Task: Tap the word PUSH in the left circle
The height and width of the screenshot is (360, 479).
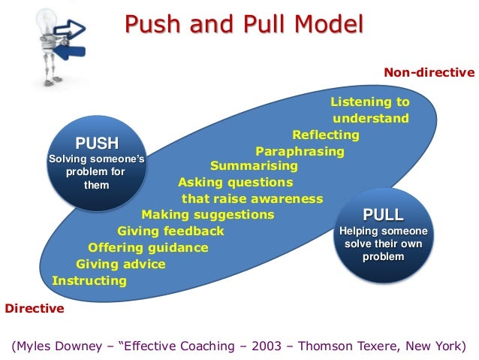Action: click(x=96, y=143)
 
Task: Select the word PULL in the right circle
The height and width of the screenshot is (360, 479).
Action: click(x=383, y=214)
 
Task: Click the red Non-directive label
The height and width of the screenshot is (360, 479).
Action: click(x=429, y=72)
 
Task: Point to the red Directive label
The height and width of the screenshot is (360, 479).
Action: click(x=35, y=308)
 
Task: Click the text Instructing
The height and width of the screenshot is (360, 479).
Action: click(x=89, y=281)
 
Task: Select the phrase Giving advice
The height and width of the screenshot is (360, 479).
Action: click(x=121, y=264)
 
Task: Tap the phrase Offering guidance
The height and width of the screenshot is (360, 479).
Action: click(x=148, y=247)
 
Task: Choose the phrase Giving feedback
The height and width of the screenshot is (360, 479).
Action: click(x=170, y=231)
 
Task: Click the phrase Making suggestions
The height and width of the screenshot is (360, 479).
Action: click(x=208, y=214)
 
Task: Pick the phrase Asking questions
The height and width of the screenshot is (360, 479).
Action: click(x=235, y=182)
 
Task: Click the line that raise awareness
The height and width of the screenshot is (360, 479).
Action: click(x=252, y=198)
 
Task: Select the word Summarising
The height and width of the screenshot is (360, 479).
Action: click(x=254, y=165)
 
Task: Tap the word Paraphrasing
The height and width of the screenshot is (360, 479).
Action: click(x=300, y=151)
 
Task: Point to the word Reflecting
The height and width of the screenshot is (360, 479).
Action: click(x=326, y=135)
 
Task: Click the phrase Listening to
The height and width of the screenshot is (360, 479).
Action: click(x=370, y=101)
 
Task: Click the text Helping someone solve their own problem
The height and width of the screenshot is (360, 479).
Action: click(x=383, y=244)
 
